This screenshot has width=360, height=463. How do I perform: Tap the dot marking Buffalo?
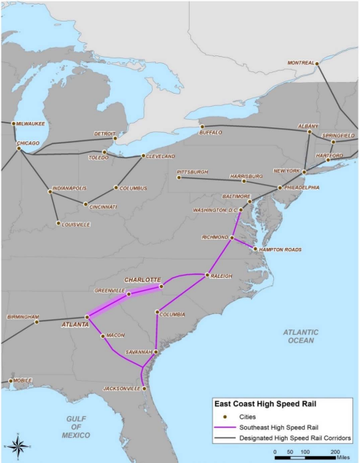pos(201,126)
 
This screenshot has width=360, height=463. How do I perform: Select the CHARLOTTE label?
pos(142,279)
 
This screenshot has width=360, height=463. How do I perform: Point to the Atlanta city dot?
pos(85,317)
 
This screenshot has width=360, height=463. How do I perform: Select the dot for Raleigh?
pos(207,274)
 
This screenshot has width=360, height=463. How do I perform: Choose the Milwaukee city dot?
pos(14,123)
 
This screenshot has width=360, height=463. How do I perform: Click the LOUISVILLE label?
pos(74,224)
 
